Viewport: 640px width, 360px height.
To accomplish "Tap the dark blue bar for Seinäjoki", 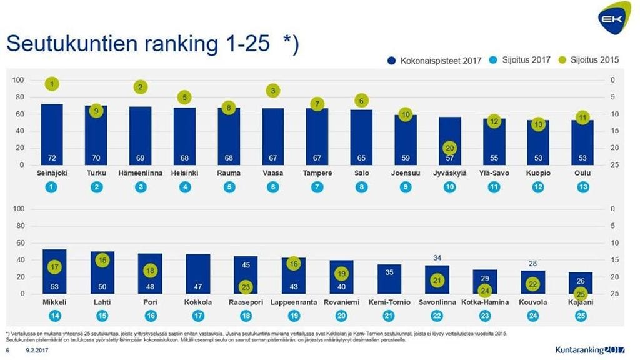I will tap(52, 134).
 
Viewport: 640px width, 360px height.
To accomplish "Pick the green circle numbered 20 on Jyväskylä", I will tap(450, 148).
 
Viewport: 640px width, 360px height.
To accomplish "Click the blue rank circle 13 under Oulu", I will tap(582, 187).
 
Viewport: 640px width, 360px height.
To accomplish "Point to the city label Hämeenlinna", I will tap(141, 173).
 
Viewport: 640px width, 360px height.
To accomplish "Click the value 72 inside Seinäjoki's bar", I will tap(52, 157).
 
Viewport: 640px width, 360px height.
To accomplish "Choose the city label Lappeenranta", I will tap(293, 302).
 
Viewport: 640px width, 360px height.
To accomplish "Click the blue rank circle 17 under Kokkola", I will tap(199, 316).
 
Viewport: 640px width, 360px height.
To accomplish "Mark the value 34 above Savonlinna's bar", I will tap(437, 257).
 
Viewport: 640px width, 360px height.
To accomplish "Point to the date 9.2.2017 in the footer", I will tap(37, 351).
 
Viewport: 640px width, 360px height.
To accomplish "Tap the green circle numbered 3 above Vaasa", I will tap(272, 91).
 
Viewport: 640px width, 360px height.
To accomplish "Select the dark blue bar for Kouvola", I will tap(532, 282).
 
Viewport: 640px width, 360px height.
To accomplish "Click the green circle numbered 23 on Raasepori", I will tap(245, 287).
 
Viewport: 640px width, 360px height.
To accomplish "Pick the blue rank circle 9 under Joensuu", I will tap(406, 187).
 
